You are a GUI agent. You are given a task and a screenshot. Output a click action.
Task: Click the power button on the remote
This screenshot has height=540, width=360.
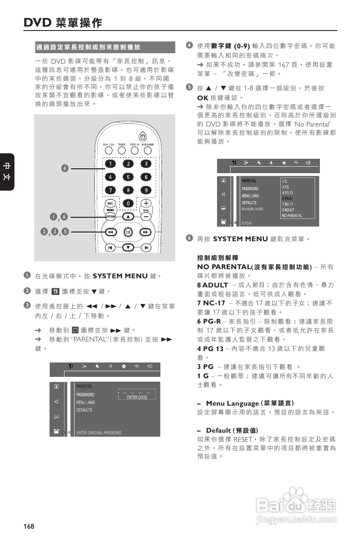(x=142, y=136)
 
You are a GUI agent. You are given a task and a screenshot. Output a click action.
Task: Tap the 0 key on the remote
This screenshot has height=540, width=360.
(x=128, y=203)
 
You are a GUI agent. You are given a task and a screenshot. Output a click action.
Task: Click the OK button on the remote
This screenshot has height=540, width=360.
(x=128, y=232)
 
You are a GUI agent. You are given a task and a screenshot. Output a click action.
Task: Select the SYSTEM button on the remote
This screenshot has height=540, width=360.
(x=110, y=216)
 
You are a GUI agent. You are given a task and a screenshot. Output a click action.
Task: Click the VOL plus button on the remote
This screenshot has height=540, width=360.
(x=146, y=203)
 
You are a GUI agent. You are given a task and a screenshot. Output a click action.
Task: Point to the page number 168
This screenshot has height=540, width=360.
(x=29, y=526)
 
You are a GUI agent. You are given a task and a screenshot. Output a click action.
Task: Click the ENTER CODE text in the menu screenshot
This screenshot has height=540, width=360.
(x=137, y=397)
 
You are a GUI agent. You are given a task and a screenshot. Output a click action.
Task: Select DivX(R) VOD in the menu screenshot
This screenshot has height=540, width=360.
(x=252, y=209)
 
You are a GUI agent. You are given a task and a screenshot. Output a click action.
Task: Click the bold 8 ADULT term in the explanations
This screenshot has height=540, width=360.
(x=213, y=285)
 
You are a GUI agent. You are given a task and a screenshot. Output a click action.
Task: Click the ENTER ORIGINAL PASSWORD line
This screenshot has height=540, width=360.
(x=99, y=433)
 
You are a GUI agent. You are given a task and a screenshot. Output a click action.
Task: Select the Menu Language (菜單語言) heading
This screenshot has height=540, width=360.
(x=250, y=403)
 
